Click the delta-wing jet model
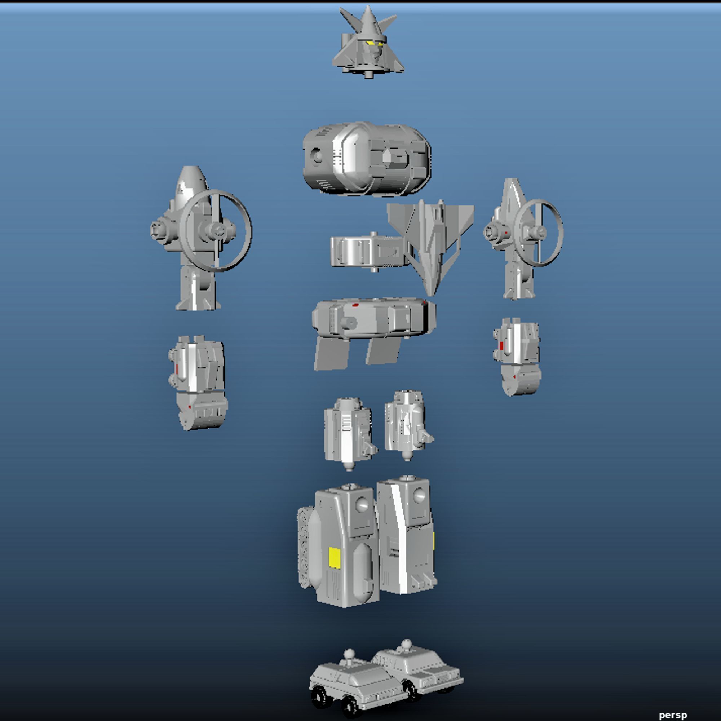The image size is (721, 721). tap(431, 239)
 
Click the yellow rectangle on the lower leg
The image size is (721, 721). tap(335, 558)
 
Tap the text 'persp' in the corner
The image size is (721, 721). tap(672, 715)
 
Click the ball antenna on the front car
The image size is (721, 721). tap(349, 654)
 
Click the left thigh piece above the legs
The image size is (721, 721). tap(348, 431)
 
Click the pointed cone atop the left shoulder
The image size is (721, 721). tap(191, 183)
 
